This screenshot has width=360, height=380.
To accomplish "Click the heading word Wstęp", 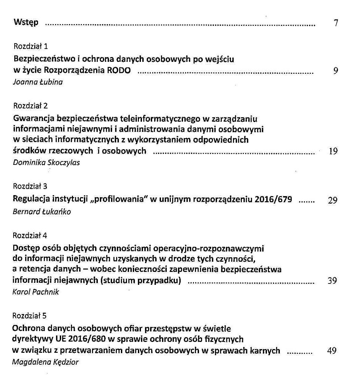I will click(x=26, y=23).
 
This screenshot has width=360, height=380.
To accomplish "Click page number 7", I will click(x=336, y=23).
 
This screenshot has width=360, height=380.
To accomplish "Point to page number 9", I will click(x=336, y=71).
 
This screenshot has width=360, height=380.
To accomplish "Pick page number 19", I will click(x=333, y=152).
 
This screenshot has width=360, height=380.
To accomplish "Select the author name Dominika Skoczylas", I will click(x=46, y=162).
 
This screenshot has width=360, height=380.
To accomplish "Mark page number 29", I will click(x=333, y=200).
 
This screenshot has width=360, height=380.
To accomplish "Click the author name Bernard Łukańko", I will click(x=41, y=212).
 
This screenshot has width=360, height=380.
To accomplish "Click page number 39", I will click(x=332, y=281).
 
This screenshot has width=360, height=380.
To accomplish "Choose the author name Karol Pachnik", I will click(x=36, y=292).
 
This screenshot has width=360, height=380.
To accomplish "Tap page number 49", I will click(x=331, y=350).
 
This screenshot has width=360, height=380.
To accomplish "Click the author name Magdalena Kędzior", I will click(x=45, y=362).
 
